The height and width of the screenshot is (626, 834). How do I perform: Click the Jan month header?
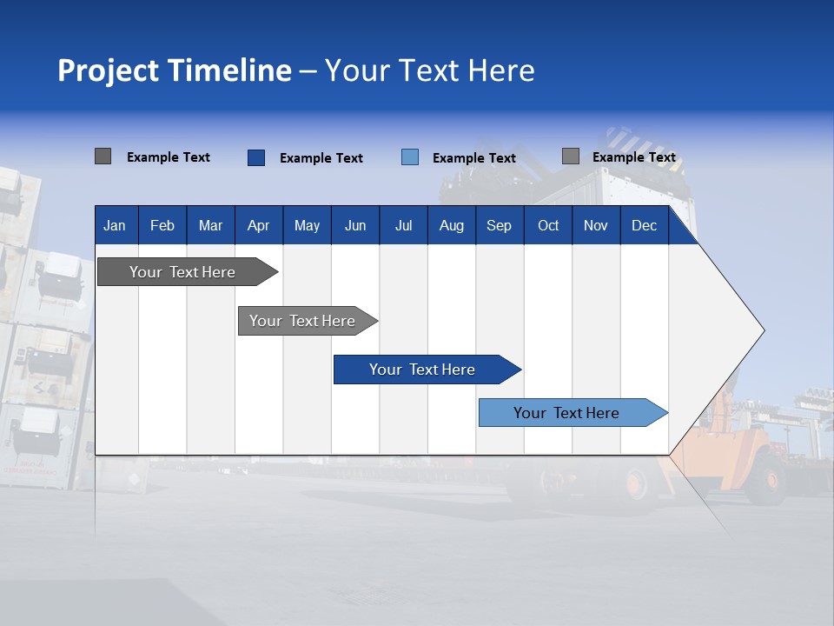pyautogui.click(x=115, y=226)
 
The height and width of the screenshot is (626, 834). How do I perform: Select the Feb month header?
pyautogui.click(x=162, y=226)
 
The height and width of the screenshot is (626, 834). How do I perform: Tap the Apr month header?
pyautogui.click(x=258, y=226)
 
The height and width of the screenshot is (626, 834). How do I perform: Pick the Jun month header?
pyautogui.click(x=355, y=226)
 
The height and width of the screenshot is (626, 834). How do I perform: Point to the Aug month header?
pyautogui.click(x=451, y=226)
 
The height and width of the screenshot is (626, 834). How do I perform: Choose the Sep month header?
pyautogui.click(x=499, y=226)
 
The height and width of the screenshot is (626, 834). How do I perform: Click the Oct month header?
pyautogui.click(x=548, y=226)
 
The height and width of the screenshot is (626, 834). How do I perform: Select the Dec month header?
pyautogui.click(x=644, y=226)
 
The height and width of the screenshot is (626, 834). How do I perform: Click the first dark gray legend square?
pyautogui.click(x=103, y=156)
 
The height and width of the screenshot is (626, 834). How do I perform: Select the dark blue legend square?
pyautogui.click(x=255, y=157)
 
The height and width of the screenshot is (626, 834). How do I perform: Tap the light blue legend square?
pyautogui.click(x=410, y=157)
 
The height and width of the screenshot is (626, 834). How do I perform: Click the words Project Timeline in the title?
pyautogui.click(x=174, y=70)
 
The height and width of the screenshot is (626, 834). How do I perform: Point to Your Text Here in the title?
pyautogui.click(x=429, y=70)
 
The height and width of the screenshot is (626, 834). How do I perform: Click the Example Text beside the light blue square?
pyautogui.click(x=473, y=158)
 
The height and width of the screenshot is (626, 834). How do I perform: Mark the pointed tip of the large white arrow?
pyautogui.click(x=763, y=330)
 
